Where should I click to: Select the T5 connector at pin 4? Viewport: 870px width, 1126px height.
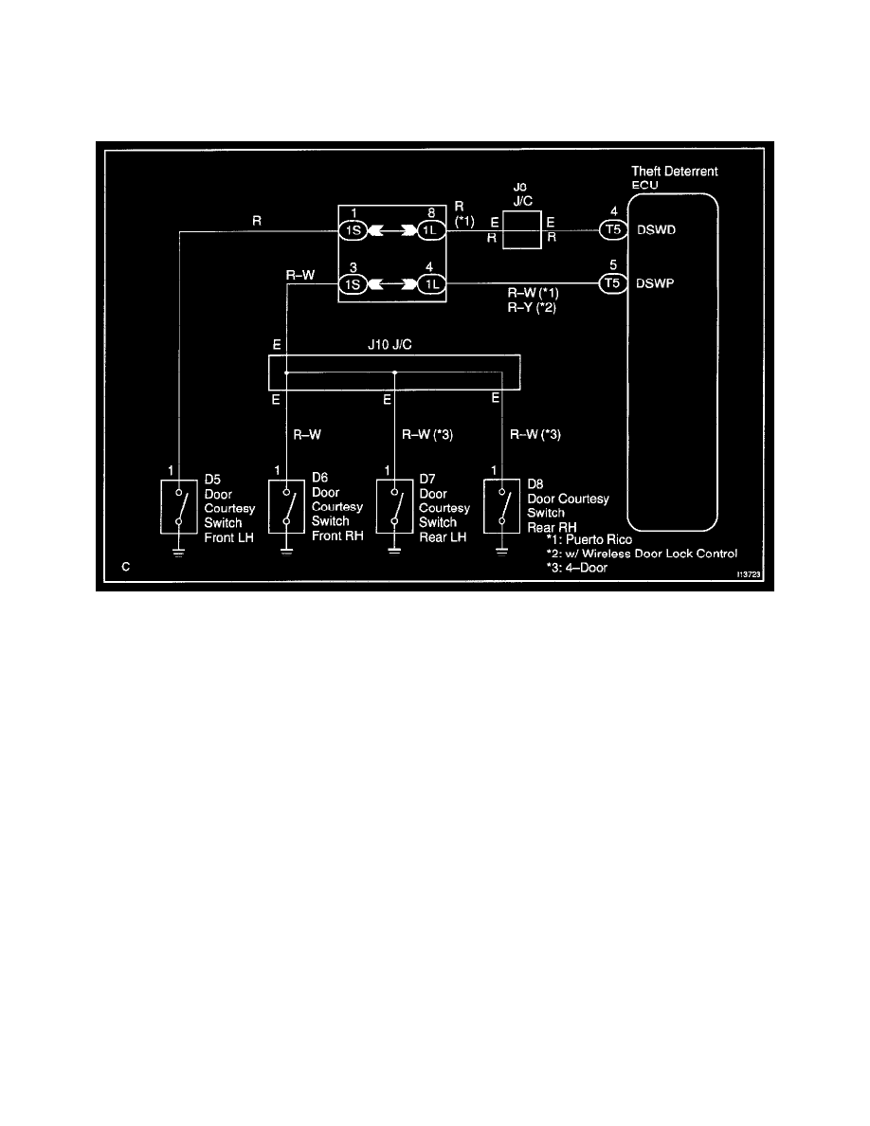[x=611, y=229]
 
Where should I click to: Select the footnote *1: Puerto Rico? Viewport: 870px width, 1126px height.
[x=589, y=539]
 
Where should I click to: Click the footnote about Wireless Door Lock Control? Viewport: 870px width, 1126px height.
[x=642, y=554]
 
